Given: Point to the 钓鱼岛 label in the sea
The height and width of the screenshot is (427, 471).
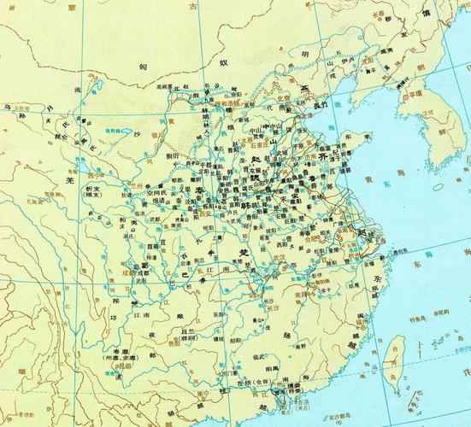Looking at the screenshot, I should click(425, 319).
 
